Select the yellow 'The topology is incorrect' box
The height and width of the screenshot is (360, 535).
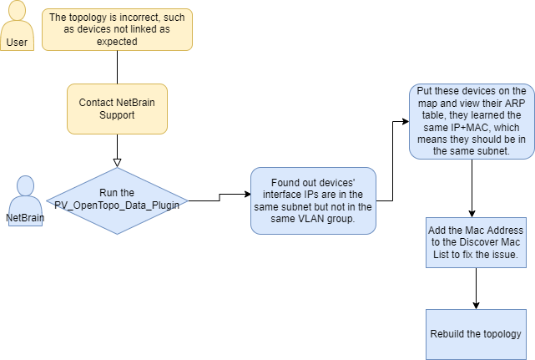coord(117,29)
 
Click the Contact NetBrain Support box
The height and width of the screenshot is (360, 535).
coord(117,109)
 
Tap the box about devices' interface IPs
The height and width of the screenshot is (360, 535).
coord(313,200)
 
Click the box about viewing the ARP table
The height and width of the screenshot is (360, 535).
coord(472,121)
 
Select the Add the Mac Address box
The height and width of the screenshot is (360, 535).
coord(475,241)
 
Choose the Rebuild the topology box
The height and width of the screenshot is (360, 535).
coord(475,334)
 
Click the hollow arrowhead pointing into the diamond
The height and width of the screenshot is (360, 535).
coord(118,162)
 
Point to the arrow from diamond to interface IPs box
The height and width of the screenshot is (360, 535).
coord(219,197)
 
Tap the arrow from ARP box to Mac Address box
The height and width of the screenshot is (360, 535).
coord(473,188)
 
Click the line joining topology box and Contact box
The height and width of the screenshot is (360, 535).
coord(118,67)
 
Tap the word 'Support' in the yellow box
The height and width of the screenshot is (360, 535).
coord(118,115)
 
